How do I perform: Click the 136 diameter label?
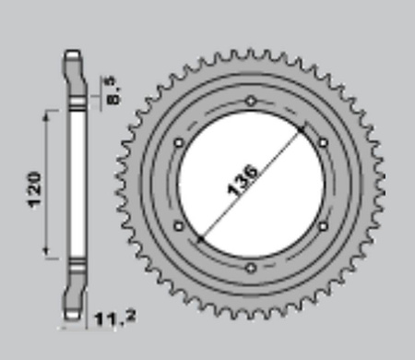coord(243,180)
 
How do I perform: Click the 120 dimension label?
coord(34,190)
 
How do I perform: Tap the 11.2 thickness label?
coord(115,318)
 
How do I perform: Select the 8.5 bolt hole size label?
coord(113,90)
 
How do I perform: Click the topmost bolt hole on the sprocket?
coord(251,101)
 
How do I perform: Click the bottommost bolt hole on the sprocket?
coord(251,268)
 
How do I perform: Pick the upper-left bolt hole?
coord(179,143)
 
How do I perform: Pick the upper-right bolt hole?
coord(323,143)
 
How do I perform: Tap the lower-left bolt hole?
coord(179,226)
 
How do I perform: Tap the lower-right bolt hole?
coord(323,226)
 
